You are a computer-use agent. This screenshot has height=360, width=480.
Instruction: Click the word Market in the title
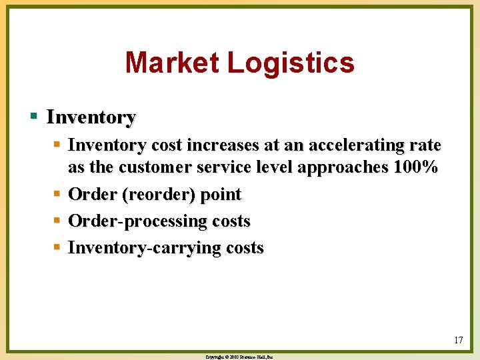(172, 63)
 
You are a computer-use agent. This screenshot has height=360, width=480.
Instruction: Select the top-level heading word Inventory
(91, 118)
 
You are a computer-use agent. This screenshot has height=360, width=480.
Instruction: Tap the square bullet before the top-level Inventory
(34, 117)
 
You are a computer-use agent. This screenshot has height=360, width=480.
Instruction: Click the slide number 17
(458, 341)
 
